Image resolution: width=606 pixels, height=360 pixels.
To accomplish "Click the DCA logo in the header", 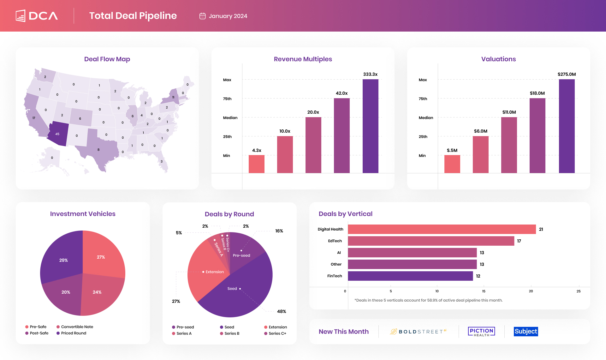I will (37, 16).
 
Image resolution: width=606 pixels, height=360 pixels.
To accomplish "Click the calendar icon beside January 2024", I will (202, 16).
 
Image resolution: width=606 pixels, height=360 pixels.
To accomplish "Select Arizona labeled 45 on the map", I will (58, 134).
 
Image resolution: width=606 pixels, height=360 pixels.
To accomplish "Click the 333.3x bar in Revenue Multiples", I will (370, 126).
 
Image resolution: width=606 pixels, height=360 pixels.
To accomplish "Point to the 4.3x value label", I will (257, 150).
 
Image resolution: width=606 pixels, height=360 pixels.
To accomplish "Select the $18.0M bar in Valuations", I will (537, 136).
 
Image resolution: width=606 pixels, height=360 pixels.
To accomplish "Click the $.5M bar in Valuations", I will (452, 164).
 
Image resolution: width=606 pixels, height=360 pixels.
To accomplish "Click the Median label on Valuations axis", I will (426, 118).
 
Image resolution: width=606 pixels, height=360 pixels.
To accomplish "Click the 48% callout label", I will (282, 311).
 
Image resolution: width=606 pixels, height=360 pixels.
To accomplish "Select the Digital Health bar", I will (442, 229).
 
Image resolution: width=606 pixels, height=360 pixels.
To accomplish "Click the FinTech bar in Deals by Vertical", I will (410, 276).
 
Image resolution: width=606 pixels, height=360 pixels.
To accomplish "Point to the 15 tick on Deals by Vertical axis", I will (484, 291).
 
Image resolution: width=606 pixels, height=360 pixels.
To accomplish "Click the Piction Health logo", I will (481, 332).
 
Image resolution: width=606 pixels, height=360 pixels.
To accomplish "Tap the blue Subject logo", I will (526, 332).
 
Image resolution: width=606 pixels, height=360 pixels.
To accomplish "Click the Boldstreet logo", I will (418, 332).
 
